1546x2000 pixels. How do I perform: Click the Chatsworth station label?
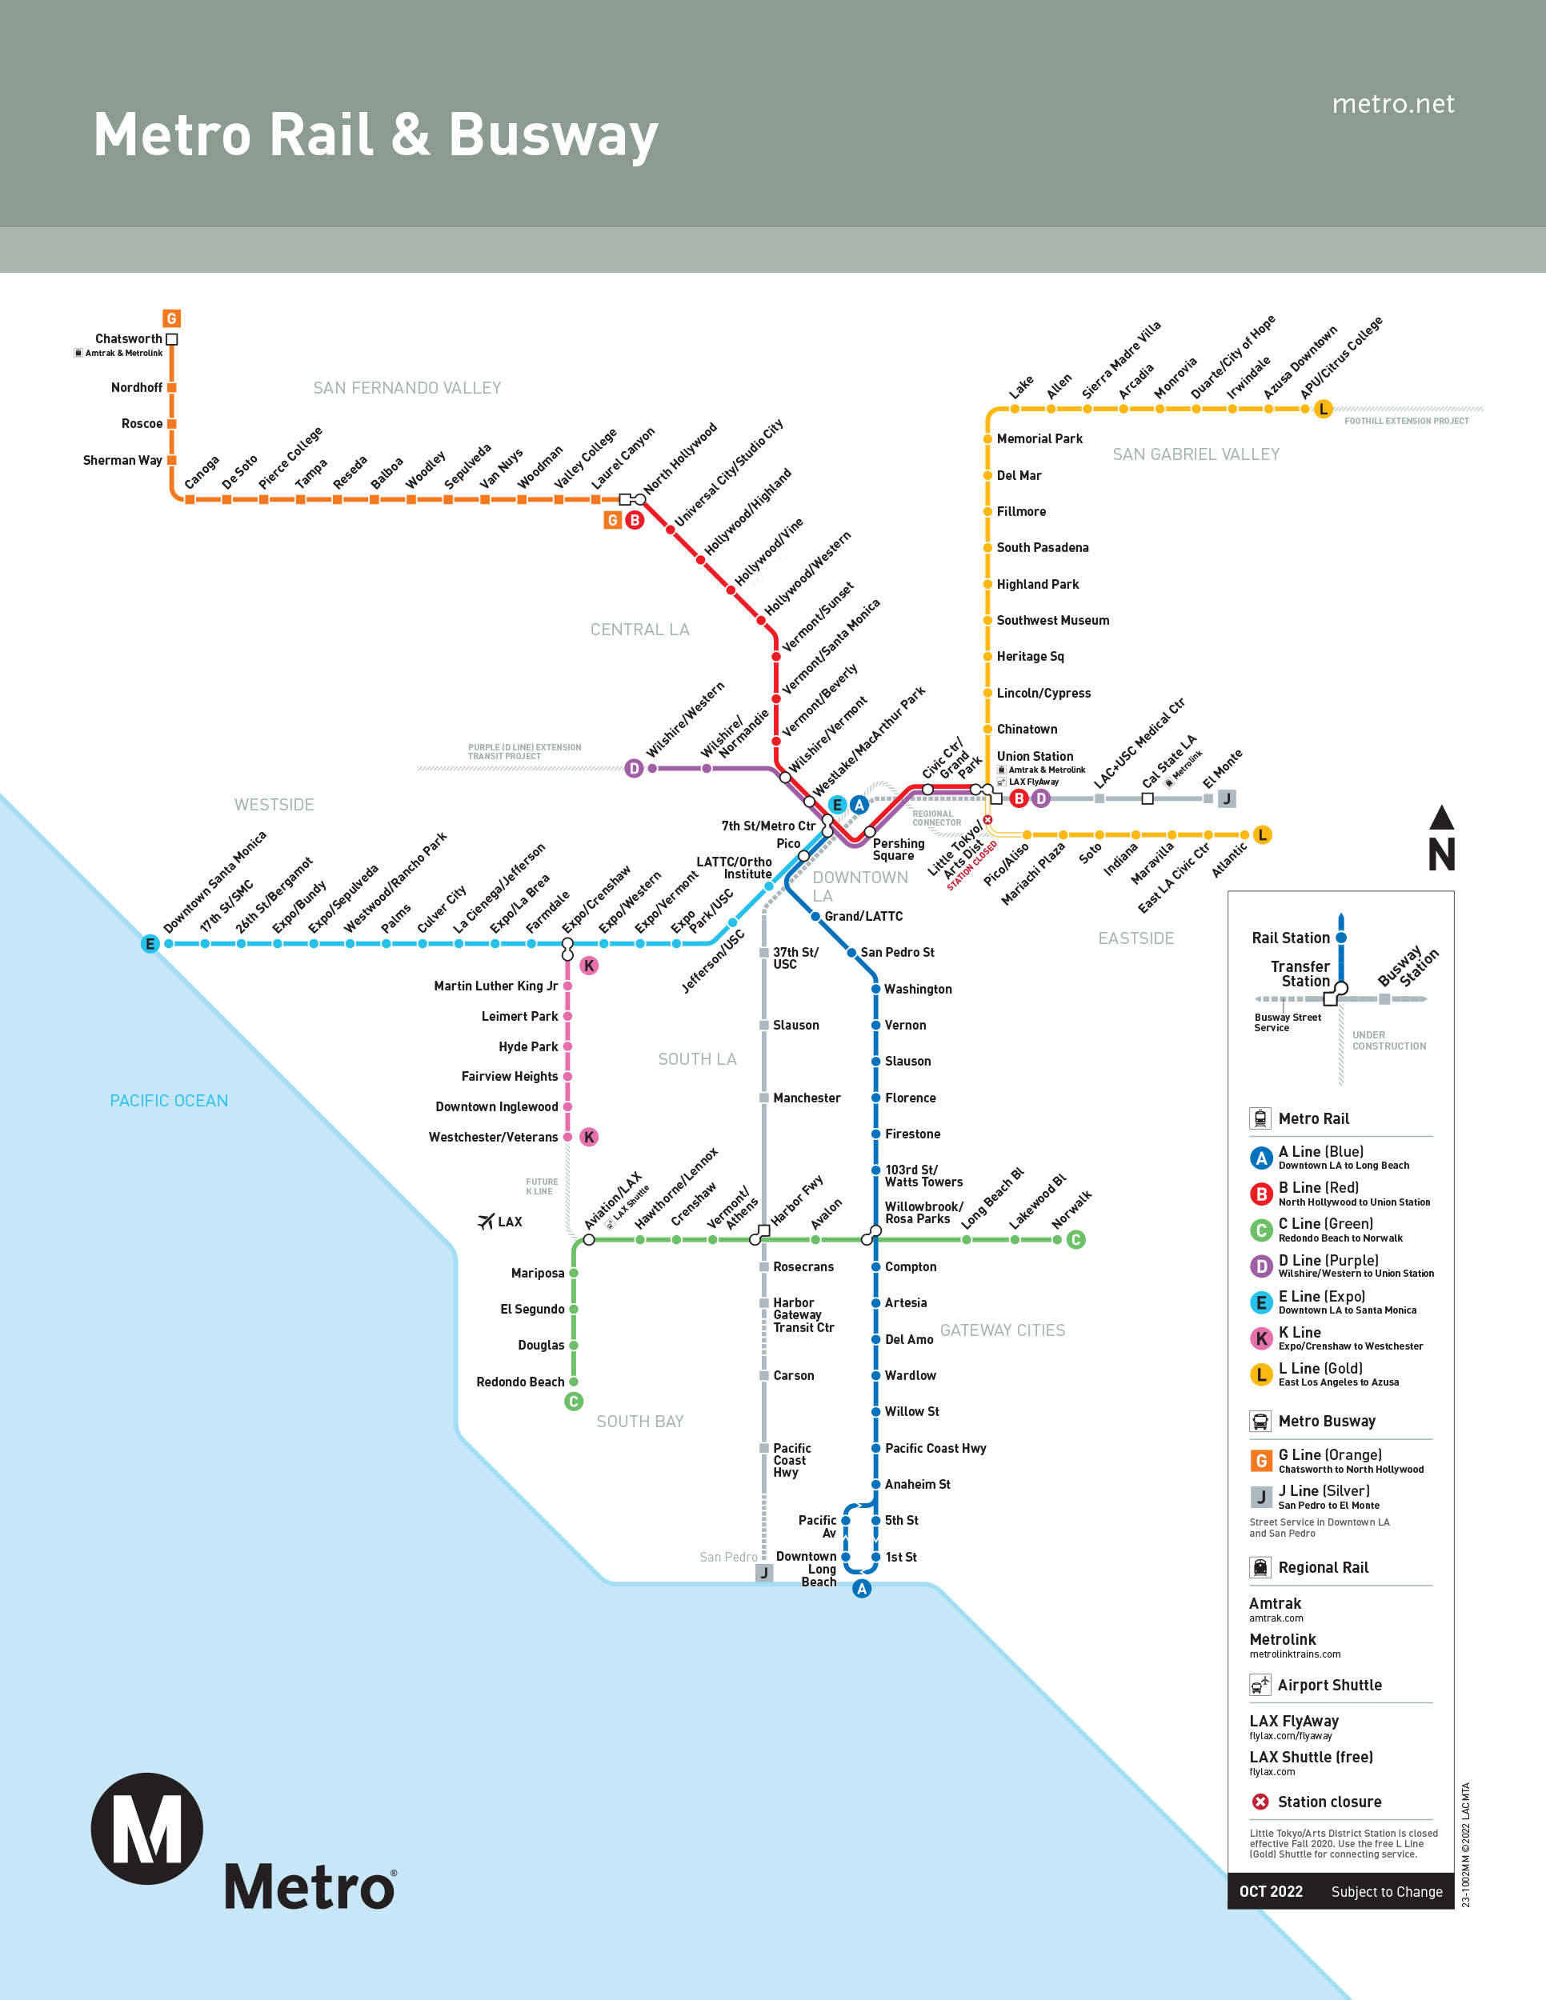(x=128, y=339)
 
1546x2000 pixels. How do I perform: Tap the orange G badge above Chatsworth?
(x=171, y=318)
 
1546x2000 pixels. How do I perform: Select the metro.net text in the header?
(x=1392, y=104)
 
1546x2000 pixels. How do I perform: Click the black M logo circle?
(x=146, y=1828)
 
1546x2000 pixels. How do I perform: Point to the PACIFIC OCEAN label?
(x=169, y=1101)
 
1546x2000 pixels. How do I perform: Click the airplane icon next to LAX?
(x=486, y=1222)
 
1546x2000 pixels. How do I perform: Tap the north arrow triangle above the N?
(x=1442, y=818)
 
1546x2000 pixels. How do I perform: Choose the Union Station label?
(x=1035, y=757)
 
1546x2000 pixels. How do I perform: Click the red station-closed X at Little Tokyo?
(x=987, y=819)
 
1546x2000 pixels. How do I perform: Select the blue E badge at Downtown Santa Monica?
(x=150, y=944)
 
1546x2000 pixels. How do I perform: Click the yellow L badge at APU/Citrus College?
(x=1323, y=410)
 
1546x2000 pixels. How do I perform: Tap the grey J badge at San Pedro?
(x=764, y=1574)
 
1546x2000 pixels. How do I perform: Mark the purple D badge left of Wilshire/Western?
(x=634, y=768)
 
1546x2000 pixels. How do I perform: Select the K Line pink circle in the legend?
(x=1261, y=1339)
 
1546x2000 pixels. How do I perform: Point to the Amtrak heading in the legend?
(x=1275, y=1603)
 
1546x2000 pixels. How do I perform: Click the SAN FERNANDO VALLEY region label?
(x=407, y=388)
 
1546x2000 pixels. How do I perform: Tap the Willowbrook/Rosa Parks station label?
(x=923, y=1213)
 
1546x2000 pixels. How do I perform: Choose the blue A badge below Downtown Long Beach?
(x=862, y=1589)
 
